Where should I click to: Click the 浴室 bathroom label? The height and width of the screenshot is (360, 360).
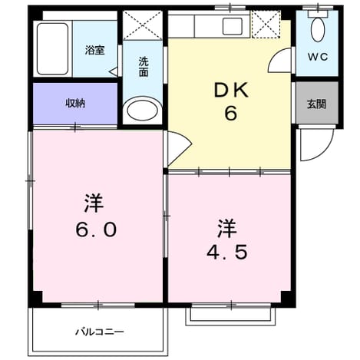[x=95, y=50]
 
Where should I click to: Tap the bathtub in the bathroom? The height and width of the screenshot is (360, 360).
[x=53, y=48]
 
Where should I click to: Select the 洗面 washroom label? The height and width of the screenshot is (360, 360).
[x=144, y=67]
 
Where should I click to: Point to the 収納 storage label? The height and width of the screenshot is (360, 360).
[x=75, y=103]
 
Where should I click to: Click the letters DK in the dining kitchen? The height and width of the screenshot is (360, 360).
[x=231, y=91]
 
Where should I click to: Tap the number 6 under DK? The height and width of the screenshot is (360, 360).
[x=231, y=113]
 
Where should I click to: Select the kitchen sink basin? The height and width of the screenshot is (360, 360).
[x=232, y=26]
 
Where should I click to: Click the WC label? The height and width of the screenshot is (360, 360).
[x=318, y=57]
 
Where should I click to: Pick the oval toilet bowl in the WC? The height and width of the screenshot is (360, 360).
[x=318, y=30]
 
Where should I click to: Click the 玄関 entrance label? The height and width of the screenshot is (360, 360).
[x=316, y=104]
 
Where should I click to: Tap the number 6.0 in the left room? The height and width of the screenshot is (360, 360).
[x=96, y=229]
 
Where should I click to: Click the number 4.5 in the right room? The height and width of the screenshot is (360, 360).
[x=227, y=252]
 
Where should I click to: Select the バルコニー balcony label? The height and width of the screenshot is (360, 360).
[x=100, y=332]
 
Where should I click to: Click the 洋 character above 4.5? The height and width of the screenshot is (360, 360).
[x=226, y=228]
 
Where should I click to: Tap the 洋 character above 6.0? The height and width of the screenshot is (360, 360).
[x=94, y=203]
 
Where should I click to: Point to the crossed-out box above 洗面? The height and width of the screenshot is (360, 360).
[x=142, y=25]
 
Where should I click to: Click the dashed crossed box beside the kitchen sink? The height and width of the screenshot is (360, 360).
[x=266, y=25]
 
